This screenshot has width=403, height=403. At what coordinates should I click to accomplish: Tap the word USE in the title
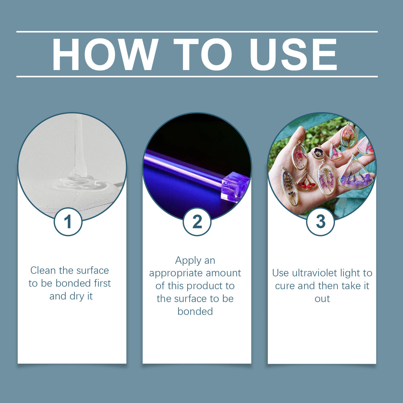[x=293, y=55]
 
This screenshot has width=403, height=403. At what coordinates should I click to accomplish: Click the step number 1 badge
[x=68, y=221]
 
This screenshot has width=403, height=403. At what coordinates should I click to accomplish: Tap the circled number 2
[x=197, y=221]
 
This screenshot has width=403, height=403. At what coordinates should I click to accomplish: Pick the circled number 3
[x=320, y=221]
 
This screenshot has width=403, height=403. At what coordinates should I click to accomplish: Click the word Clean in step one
[x=43, y=271]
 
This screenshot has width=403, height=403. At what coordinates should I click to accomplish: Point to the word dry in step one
[x=77, y=296]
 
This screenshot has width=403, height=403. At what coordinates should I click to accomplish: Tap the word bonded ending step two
[x=195, y=311]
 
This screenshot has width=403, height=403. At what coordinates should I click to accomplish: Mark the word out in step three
[x=322, y=299]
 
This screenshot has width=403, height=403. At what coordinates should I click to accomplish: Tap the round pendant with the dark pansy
[x=318, y=153]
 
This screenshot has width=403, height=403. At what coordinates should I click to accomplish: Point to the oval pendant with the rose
[x=348, y=136]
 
